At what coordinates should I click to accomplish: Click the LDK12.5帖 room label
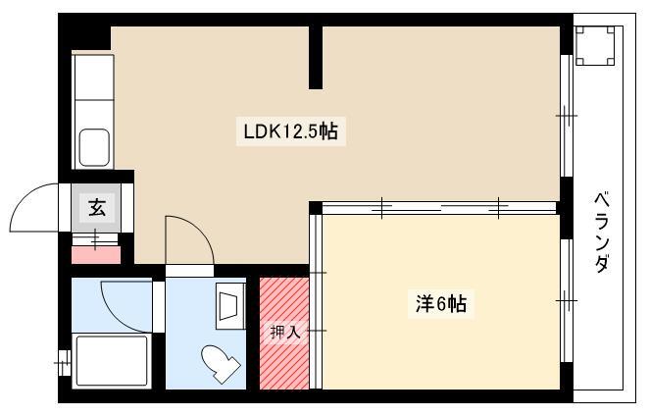click(x=290, y=131)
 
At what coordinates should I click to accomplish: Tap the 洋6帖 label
click(x=441, y=304)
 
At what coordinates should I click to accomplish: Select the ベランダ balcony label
click(x=602, y=232)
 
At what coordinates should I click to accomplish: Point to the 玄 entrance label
click(x=97, y=208)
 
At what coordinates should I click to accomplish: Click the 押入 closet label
click(x=285, y=333)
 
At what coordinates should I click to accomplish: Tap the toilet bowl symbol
click(x=221, y=363)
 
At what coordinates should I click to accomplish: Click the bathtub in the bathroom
click(x=112, y=360)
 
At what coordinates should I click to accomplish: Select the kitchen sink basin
click(x=94, y=147)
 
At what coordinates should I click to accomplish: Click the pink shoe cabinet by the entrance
click(x=96, y=255)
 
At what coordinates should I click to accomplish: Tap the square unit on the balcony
click(x=595, y=45)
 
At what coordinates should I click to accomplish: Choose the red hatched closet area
click(x=284, y=334)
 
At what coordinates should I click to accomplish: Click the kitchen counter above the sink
click(x=94, y=78)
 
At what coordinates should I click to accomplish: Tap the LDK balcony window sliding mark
click(x=567, y=115)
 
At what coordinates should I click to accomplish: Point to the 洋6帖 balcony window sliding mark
click(x=567, y=300)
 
